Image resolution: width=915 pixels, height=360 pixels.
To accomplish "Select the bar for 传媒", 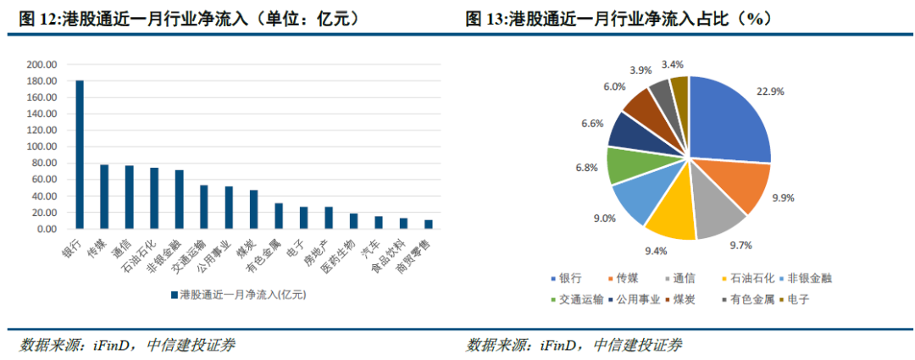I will tap(104, 197).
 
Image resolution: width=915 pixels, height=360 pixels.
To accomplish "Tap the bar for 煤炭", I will tap(253, 209).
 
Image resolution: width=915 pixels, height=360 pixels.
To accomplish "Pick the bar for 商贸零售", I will tap(428, 224).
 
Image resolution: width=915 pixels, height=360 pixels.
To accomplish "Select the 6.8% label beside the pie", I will tap(585, 169).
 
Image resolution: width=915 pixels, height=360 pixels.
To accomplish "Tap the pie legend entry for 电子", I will tap(794, 299).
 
